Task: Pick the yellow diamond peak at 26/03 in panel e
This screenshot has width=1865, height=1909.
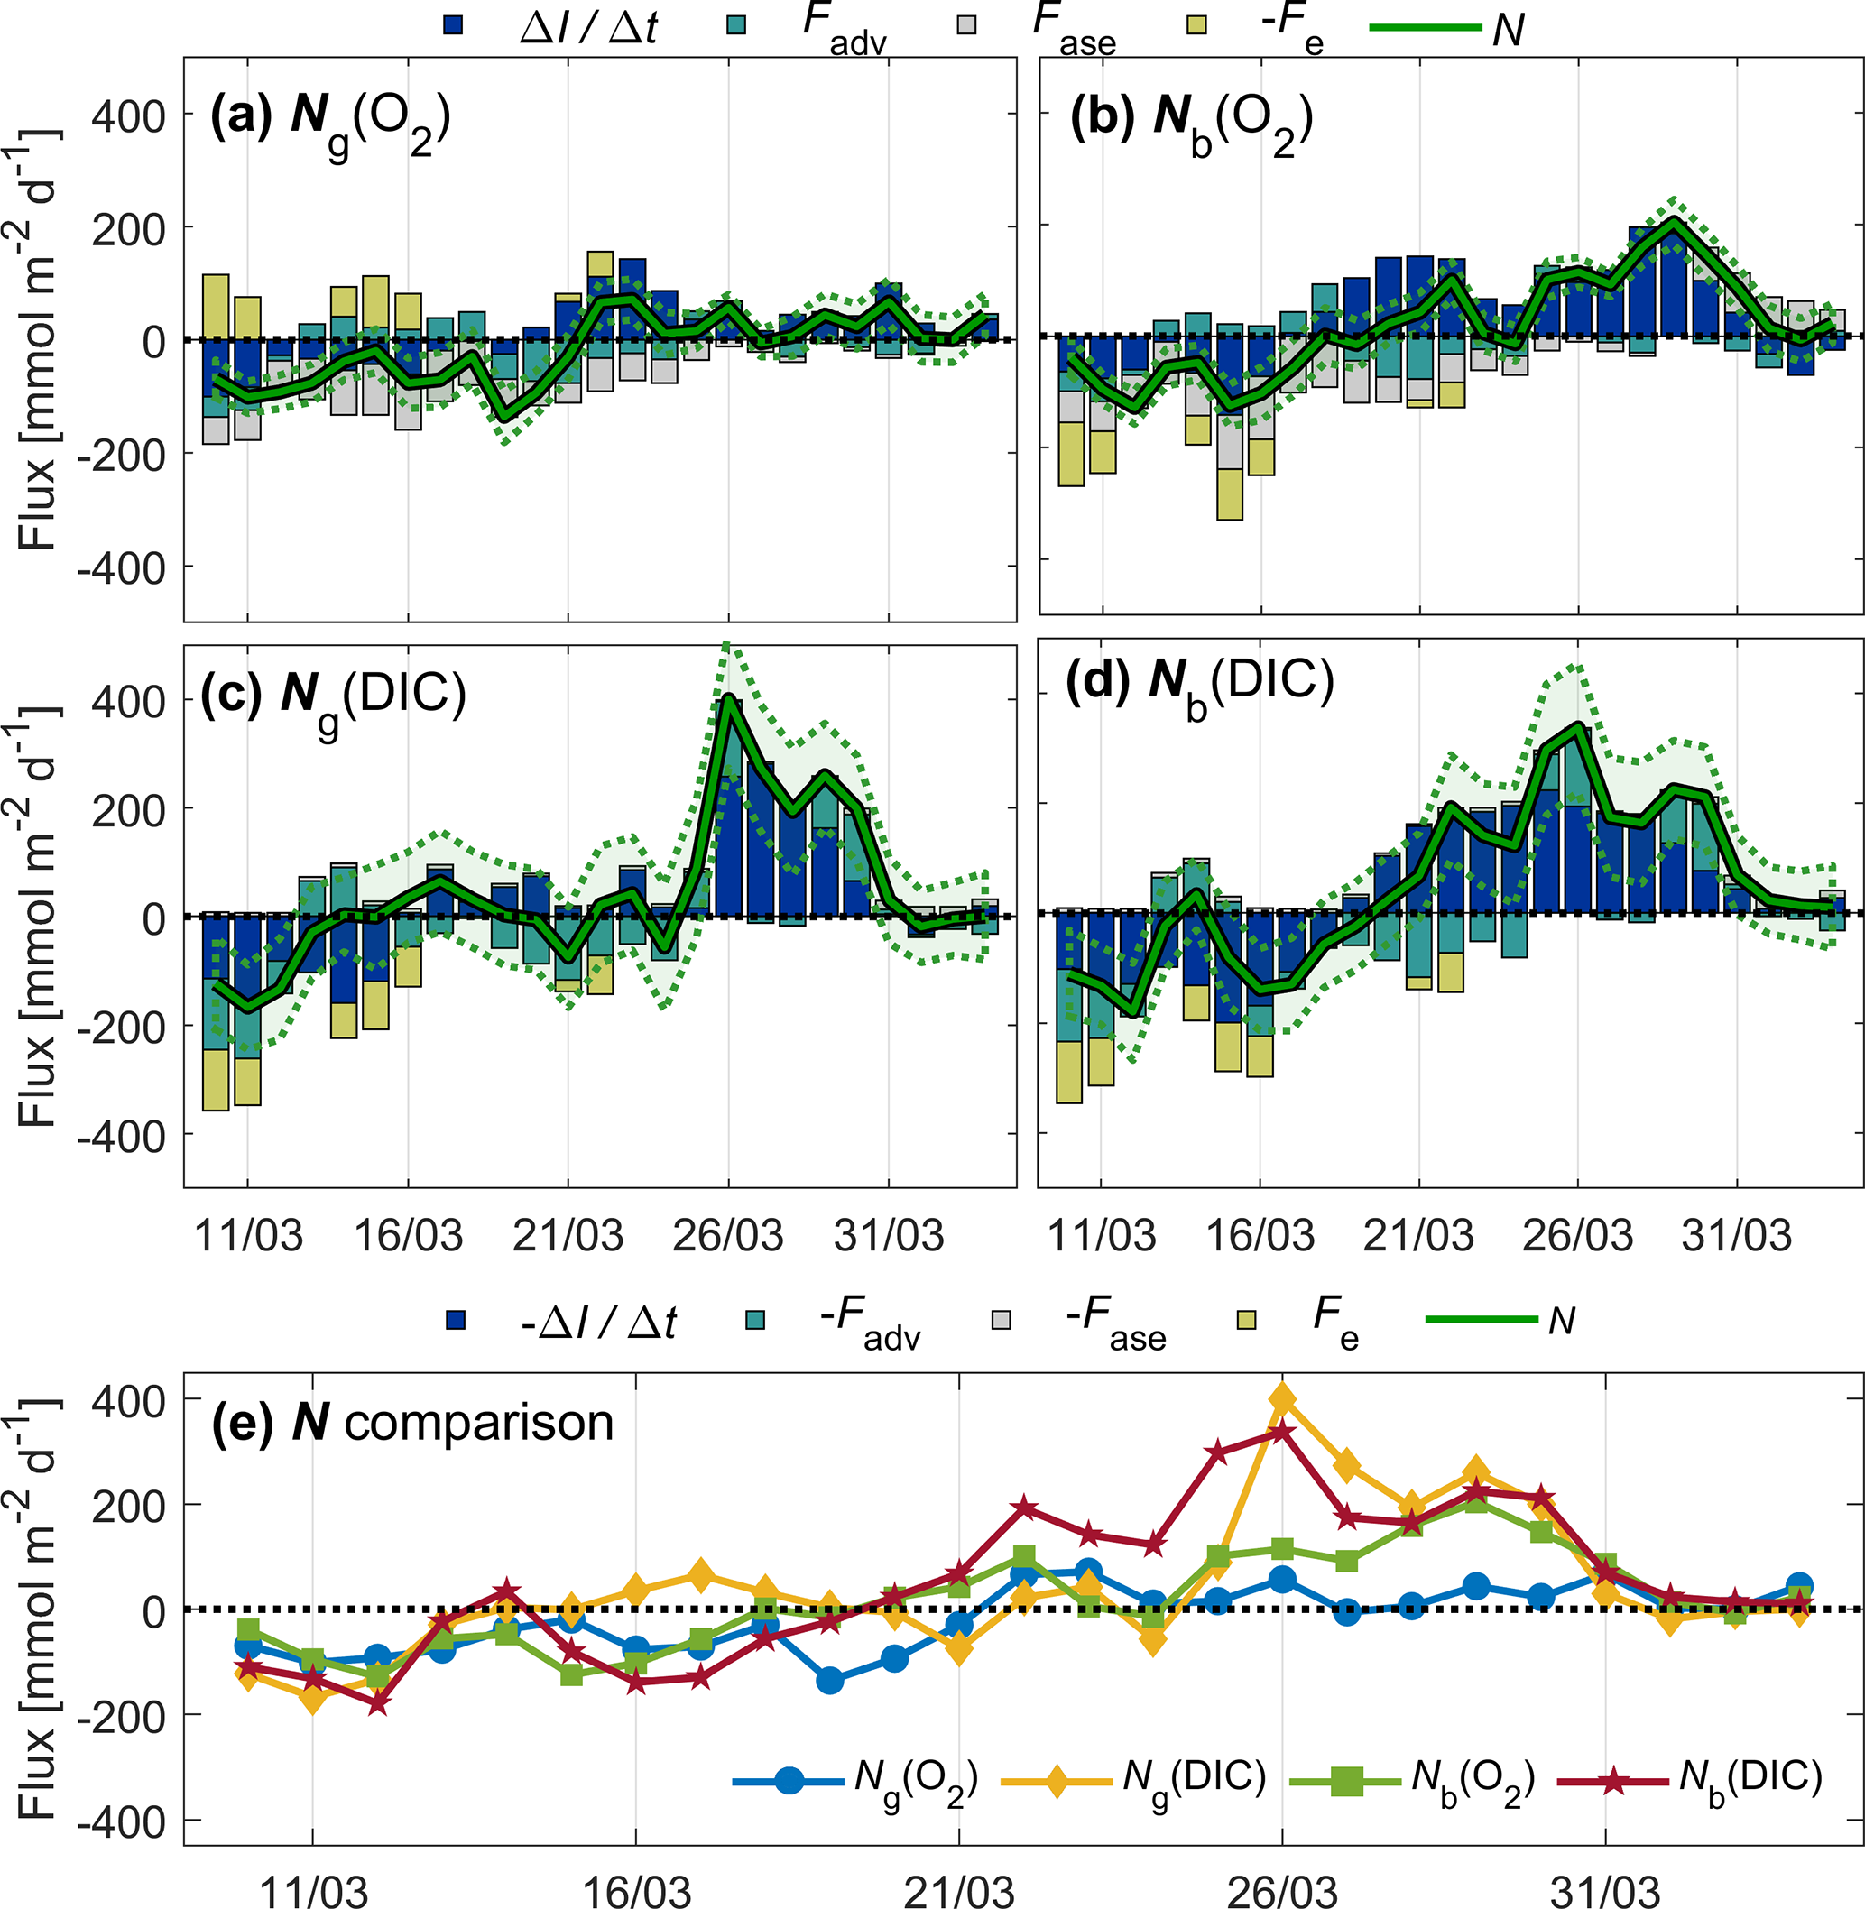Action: point(1282,1397)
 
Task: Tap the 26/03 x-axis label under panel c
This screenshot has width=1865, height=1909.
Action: point(728,1236)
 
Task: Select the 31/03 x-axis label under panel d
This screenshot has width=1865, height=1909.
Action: point(1737,1236)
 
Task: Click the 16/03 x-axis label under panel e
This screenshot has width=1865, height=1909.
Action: point(637,1893)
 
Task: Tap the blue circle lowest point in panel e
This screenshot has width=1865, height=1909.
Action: point(830,1681)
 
